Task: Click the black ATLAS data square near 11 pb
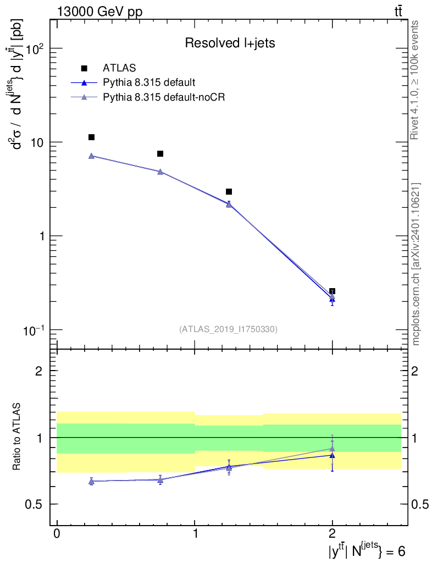[91, 137]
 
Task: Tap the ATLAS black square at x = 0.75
[160, 153]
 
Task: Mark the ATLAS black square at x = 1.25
[229, 191]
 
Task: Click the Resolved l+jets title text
[230, 43]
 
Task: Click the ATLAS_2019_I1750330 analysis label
[228, 329]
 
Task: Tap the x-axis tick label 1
[195, 534]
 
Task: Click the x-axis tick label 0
[57, 534]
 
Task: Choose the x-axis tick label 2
[332, 534]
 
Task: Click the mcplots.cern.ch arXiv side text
[416, 264]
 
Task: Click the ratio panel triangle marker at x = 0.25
[91, 482]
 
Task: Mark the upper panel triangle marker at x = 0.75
[160, 172]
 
